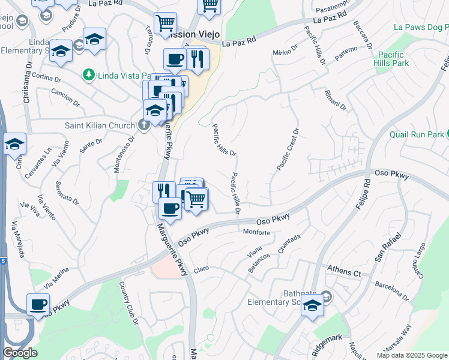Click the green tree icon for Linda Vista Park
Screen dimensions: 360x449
pyautogui.click(x=89, y=74)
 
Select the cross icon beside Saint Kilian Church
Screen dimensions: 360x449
pyautogui.click(x=143, y=125)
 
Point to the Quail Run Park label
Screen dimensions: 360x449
pyautogui.click(x=416, y=134)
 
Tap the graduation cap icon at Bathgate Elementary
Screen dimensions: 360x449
pyautogui.click(x=312, y=305)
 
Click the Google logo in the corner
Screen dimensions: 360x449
pyautogui.click(x=20, y=353)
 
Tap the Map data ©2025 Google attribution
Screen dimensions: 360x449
pyautogui.click(x=411, y=355)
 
